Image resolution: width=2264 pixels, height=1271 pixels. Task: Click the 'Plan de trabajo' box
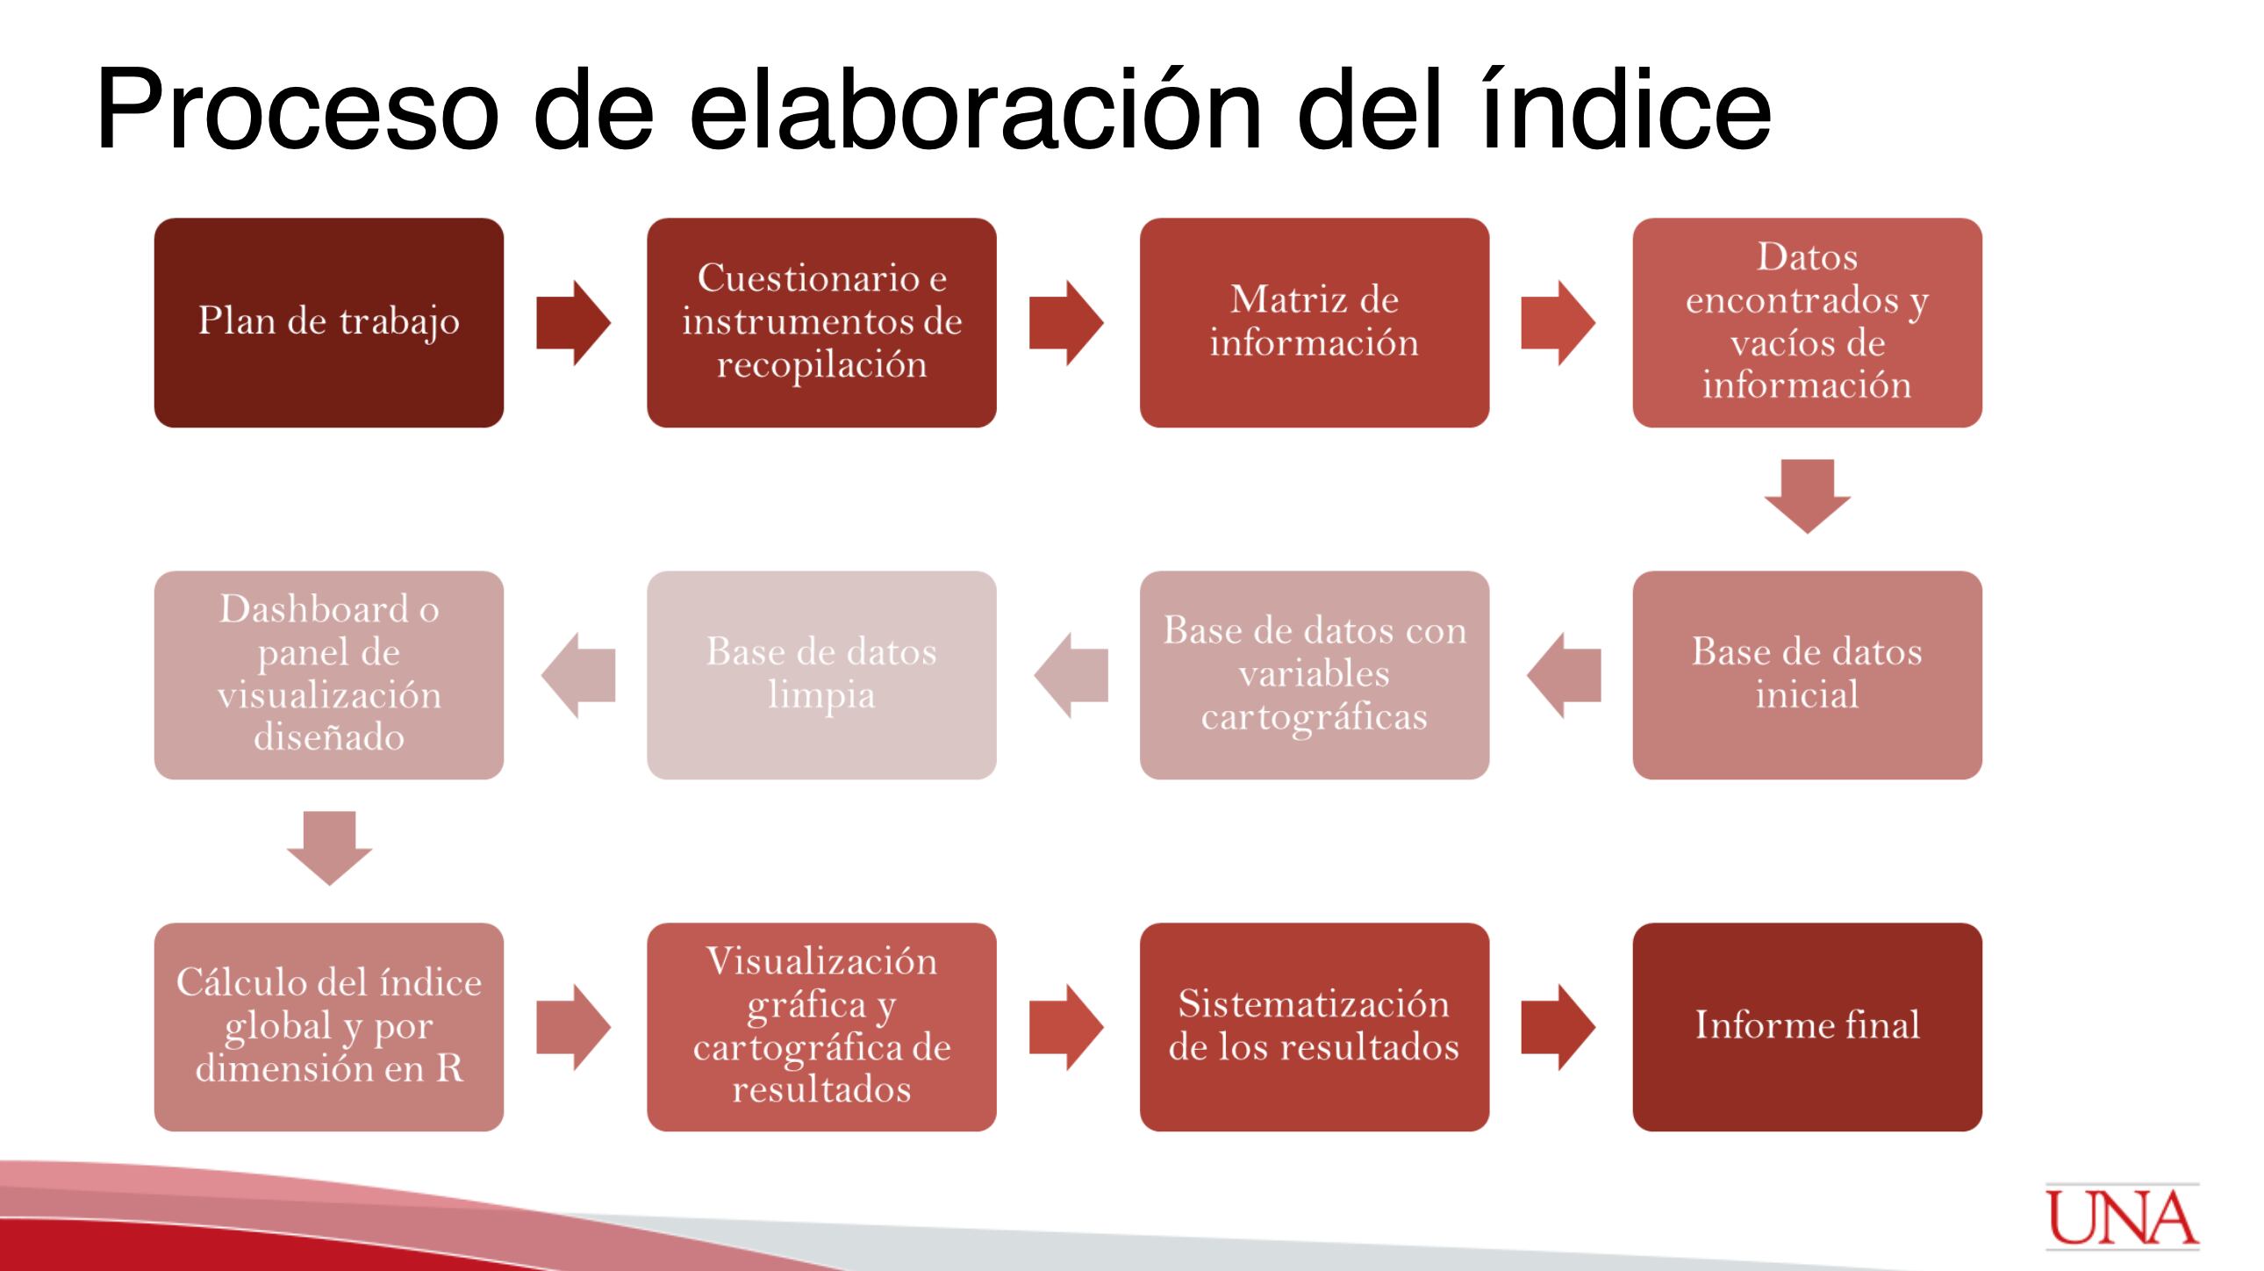point(329,323)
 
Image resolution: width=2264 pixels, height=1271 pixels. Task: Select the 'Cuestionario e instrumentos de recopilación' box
point(821,323)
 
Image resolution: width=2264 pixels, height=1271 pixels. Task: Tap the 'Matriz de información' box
point(1315,323)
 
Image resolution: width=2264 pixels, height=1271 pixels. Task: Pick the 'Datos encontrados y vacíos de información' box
point(1808,323)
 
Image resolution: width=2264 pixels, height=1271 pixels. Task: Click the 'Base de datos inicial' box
point(1808,675)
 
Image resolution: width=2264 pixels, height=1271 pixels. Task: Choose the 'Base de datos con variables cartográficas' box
point(1315,675)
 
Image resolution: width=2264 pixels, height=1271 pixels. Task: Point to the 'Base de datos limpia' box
point(821,675)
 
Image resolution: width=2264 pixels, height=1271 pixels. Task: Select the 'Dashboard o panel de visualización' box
point(329,675)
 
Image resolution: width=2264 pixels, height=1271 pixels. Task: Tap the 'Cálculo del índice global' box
point(329,1027)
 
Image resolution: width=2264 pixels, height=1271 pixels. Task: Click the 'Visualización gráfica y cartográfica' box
point(821,1027)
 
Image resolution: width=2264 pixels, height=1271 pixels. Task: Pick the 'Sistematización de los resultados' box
point(1315,1027)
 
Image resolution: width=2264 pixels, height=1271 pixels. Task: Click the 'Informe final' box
point(1808,1027)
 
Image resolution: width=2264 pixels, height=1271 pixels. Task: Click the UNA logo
point(2123,1217)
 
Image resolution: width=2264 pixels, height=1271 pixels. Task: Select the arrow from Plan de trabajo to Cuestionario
point(574,323)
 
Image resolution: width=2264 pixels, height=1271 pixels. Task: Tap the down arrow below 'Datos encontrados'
point(1808,496)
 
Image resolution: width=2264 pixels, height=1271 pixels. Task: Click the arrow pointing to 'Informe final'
point(1558,1027)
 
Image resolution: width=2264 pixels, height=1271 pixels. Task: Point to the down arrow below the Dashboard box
point(330,848)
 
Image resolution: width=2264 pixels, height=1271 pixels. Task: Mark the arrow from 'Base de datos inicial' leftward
point(1564,675)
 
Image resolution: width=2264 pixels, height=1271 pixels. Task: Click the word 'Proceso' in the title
point(298,111)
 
